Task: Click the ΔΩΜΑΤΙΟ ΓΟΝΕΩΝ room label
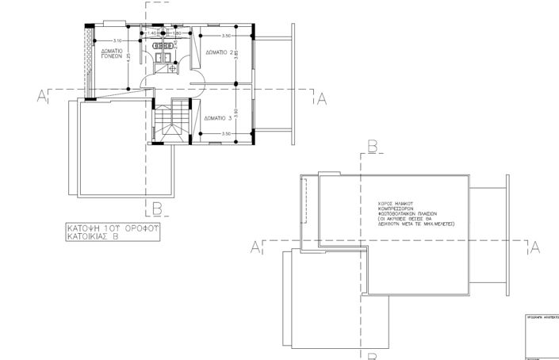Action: click(x=110, y=54)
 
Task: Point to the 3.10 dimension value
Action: click(x=117, y=40)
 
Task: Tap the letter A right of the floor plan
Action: click(x=322, y=98)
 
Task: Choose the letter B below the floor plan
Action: click(x=157, y=209)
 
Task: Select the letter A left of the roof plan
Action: click(x=255, y=248)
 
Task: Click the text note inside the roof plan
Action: click(x=413, y=213)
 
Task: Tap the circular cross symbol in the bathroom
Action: click(x=172, y=68)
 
